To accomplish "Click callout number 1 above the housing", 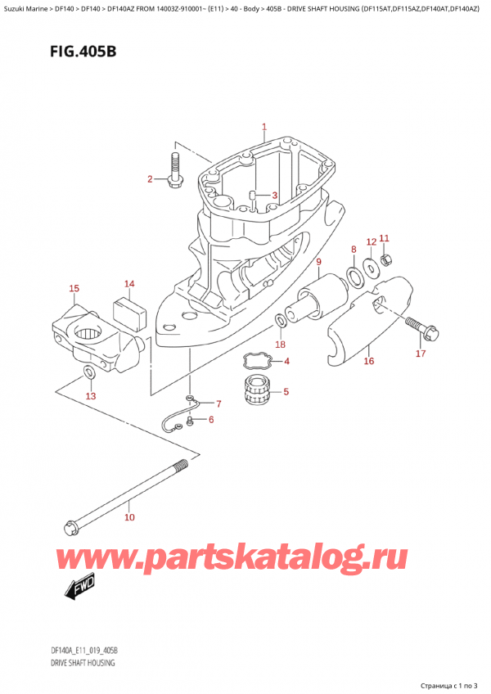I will point(264,127).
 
